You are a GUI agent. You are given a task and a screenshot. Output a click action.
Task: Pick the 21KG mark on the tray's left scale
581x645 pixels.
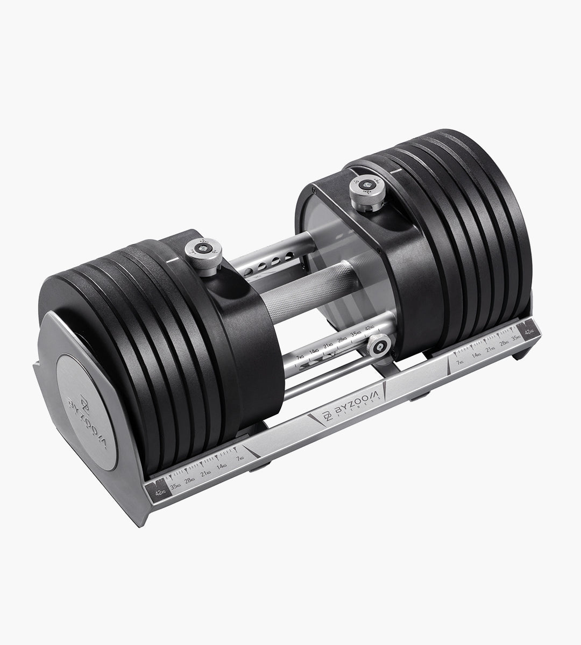205,473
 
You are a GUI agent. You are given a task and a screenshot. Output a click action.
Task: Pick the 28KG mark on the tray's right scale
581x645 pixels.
504,342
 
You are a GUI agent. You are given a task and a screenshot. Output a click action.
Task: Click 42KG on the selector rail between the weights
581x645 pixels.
370,328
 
